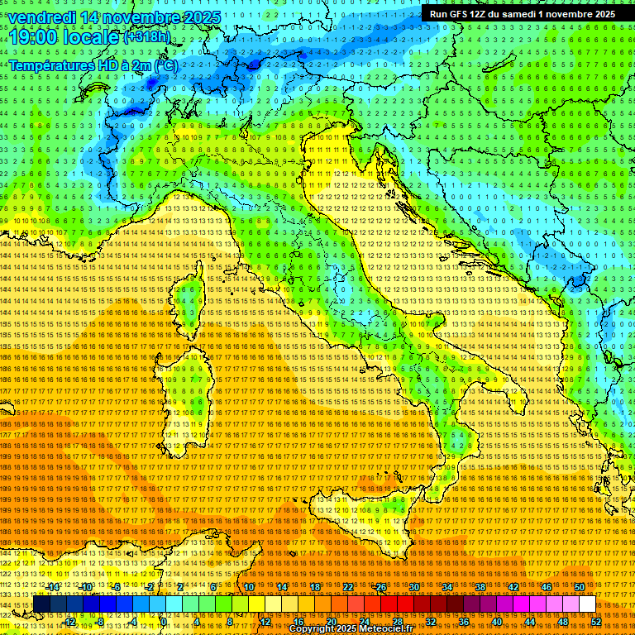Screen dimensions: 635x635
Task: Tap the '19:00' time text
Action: click(x=33, y=36)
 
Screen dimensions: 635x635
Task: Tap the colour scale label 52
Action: click(x=596, y=621)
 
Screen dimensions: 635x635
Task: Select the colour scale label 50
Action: click(x=579, y=586)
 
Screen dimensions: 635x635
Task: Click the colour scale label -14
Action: click(x=54, y=586)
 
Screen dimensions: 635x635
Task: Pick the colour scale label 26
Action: click(x=381, y=586)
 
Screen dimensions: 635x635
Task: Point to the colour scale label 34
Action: click(x=446, y=586)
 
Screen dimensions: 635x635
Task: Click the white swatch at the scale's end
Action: click(x=587, y=604)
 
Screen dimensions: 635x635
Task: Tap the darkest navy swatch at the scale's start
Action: click(x=41, y=604)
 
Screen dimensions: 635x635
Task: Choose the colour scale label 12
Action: click(x=265, y=621)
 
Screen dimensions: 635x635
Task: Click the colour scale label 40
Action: click(x=496, y=621)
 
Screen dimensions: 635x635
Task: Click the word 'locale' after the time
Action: click(x=93, y=36)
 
